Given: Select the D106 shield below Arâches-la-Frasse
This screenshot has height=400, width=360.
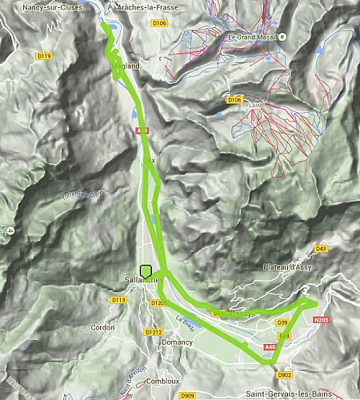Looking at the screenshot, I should pyautogui.click(x=159, y=23).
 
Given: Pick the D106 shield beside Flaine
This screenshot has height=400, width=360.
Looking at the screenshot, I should pyautogui.click(x=234, y=99).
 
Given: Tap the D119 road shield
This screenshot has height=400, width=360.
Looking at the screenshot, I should pyautogui.click(x=45, y=56).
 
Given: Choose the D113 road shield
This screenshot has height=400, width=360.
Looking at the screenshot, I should pyautogui.click(x=119, y=299).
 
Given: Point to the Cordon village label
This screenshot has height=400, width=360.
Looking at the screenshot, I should pyautogui.click(x=102, y=327).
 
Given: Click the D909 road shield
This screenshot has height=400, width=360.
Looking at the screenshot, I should pyautogui.click(x=188, y=395).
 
